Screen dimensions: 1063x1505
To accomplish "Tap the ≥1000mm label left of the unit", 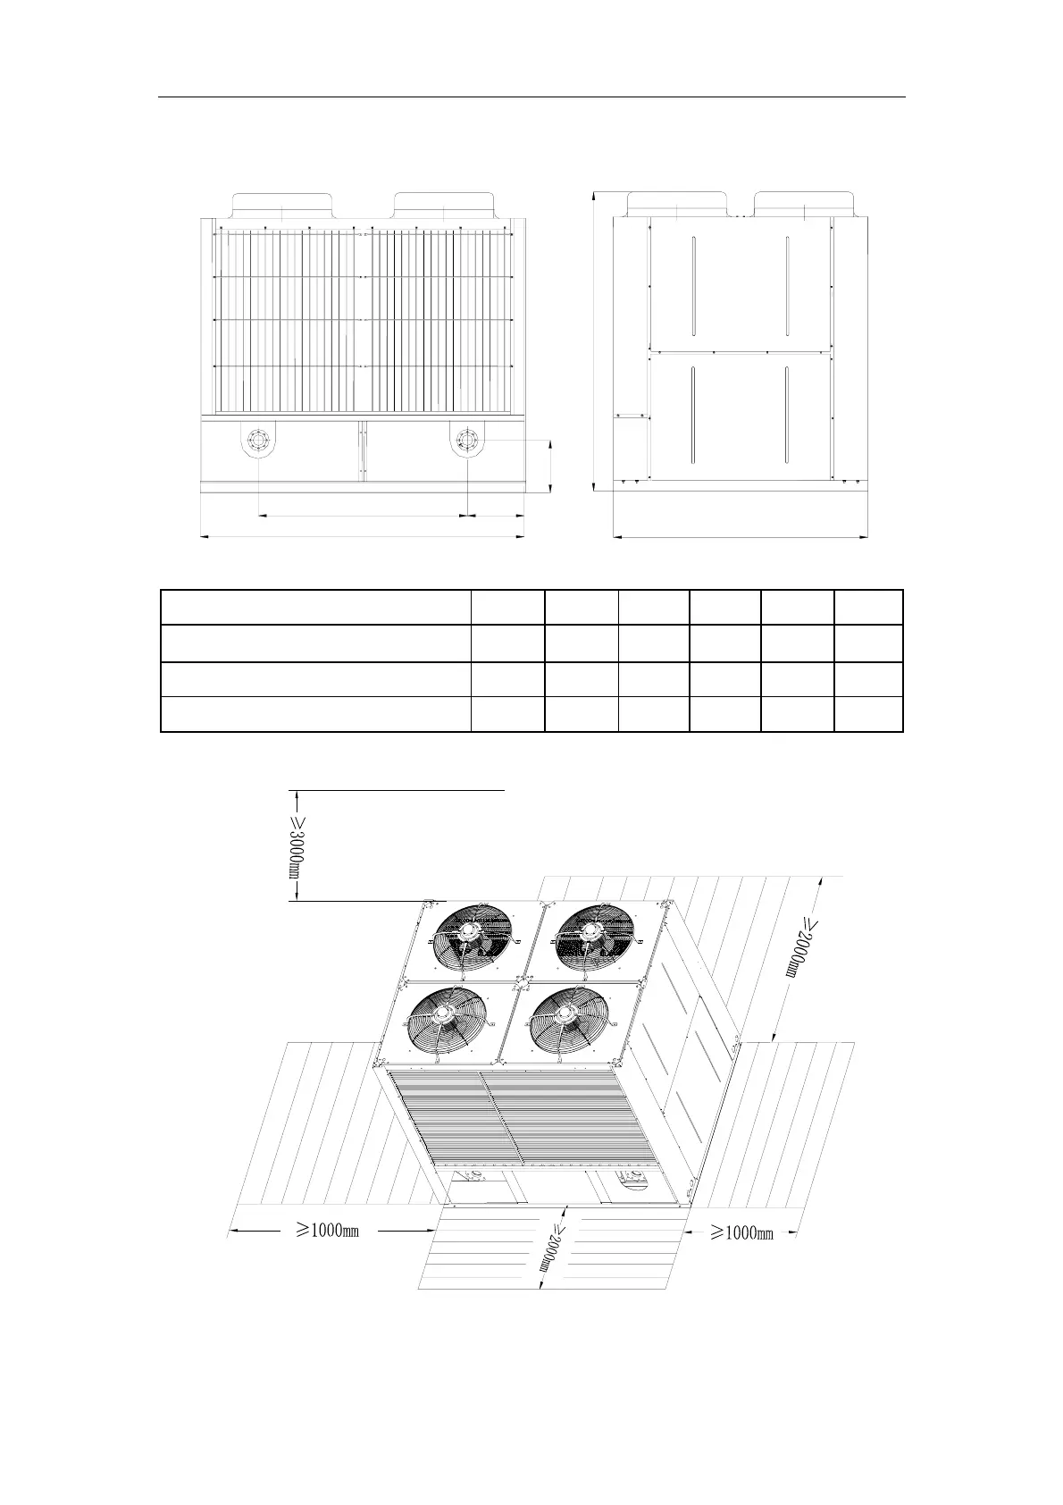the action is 328,1231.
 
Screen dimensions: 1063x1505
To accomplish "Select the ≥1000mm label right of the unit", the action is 742,1232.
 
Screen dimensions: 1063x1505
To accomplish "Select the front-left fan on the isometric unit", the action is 448,1025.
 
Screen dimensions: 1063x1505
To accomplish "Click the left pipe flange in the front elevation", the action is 258,441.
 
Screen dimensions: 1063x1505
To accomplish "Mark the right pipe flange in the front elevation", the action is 466,441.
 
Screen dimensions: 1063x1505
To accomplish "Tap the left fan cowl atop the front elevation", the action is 282,205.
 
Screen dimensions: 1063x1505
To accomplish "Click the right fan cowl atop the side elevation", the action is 805,204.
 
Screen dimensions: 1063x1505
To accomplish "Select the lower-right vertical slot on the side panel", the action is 786,416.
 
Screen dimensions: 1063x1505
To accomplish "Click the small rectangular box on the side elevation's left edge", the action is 632,416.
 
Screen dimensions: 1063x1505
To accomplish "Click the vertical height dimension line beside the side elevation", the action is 594,341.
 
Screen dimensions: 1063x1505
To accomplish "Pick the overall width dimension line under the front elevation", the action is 363,537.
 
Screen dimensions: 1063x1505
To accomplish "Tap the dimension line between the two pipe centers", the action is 363,516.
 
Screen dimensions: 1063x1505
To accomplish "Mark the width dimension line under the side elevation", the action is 741,537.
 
